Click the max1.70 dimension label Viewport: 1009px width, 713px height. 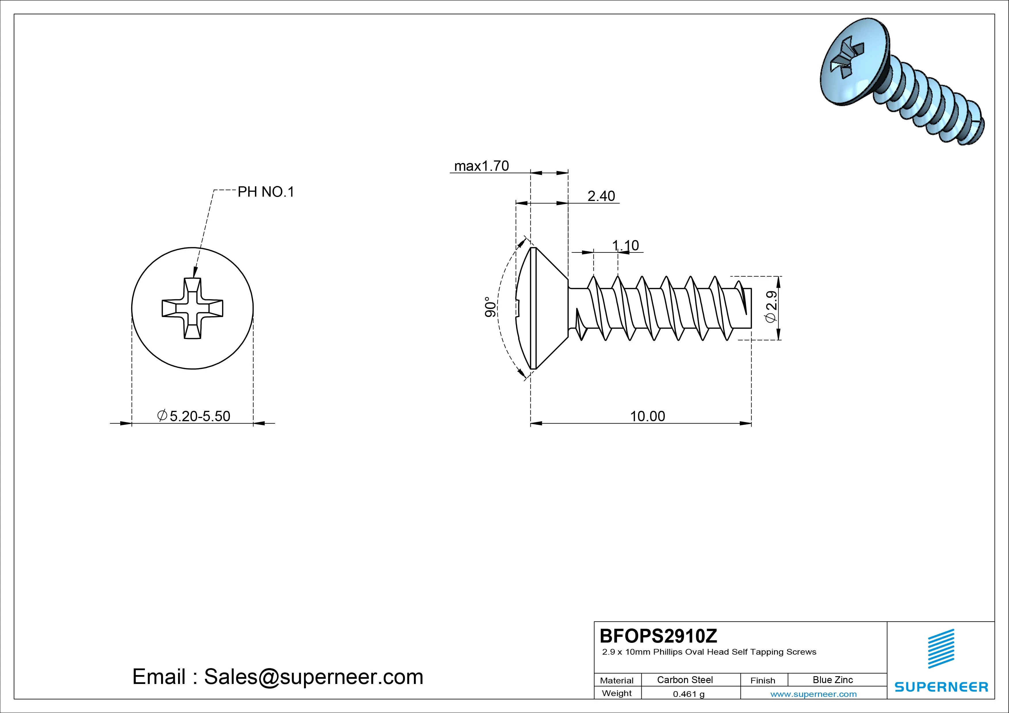[481, 166]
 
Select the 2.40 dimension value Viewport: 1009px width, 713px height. [601, 196]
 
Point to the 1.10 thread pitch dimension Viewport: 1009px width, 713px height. [625, 245]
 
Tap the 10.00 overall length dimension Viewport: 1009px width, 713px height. [647, 416]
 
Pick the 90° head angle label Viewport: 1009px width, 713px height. [490, 307]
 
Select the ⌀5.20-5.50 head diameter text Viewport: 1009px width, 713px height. [194, 416]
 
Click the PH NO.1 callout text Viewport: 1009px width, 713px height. [265, 192]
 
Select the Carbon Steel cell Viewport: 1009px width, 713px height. [685, 680]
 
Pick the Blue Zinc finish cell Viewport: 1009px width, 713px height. [832, 680]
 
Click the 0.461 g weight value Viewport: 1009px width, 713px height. [688, 694]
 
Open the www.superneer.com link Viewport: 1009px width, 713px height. [813, 694]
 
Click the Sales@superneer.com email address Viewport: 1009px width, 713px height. [313, 676]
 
